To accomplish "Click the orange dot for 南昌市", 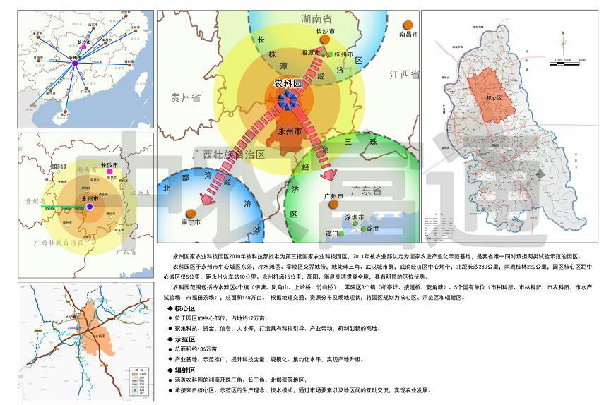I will (408, 24).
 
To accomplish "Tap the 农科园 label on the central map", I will (288, 84).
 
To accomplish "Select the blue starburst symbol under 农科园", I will (288, 100).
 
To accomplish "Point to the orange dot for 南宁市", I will (191, 213).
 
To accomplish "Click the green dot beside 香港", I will (364, 229).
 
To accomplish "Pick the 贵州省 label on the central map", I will (186, 98).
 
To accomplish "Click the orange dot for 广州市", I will (333, 205).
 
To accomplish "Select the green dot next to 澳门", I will (341, 234).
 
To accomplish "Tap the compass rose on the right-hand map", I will (564, 43).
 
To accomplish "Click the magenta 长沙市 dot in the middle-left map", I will (108, 171).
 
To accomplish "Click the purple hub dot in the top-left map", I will (74, 64).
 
